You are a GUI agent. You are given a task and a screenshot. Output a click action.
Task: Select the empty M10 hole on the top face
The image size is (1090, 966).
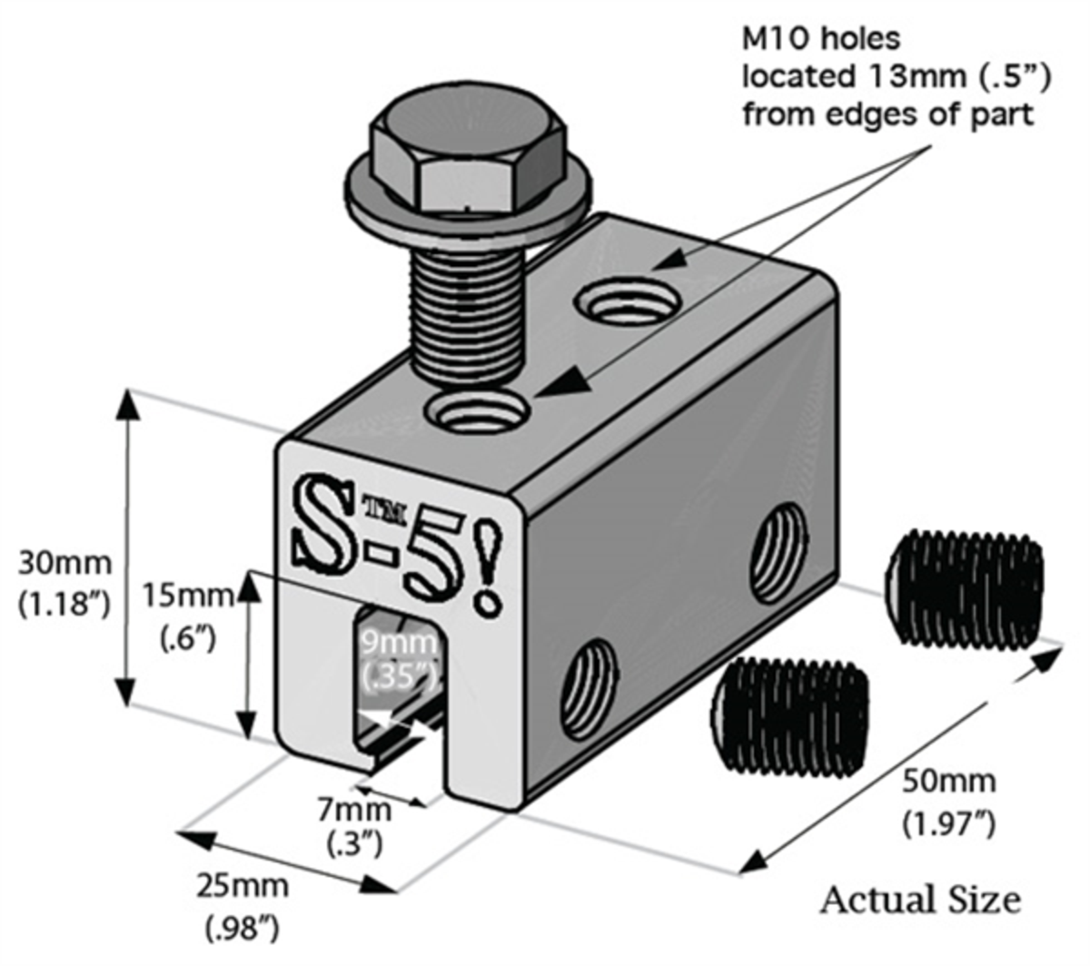630,303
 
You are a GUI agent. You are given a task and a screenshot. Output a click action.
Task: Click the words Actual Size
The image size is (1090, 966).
919,900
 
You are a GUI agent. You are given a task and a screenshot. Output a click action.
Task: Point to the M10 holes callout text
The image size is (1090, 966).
896,77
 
